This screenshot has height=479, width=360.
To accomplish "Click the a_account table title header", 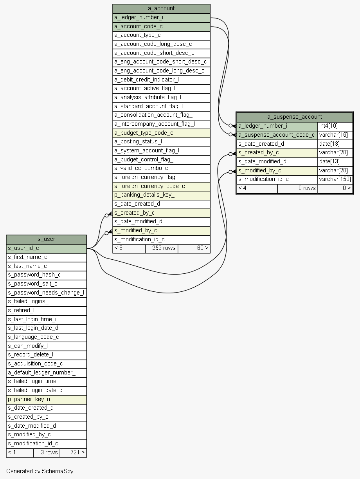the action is point(161,9).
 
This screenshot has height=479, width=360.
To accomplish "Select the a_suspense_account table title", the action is point(295,117).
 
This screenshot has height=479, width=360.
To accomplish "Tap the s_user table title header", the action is point(47,239).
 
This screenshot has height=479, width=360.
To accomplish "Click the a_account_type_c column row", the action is point(161,36).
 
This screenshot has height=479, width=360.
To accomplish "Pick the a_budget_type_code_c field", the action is point(161,133).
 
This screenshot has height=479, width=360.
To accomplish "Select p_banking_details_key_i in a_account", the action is point(161,195).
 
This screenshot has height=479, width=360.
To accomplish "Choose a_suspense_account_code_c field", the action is point(277,135).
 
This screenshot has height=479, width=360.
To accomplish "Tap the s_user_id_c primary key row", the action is point(47,249).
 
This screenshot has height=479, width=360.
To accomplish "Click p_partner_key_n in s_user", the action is point(47,399).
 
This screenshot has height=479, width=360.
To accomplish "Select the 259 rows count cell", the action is point(162,249).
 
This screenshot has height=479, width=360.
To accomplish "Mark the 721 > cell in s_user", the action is point(73,453).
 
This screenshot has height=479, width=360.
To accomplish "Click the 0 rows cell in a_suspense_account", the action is point(297,188).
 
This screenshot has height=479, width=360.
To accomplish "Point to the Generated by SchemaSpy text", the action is point(40,471).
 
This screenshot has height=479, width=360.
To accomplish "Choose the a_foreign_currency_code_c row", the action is point(161,186).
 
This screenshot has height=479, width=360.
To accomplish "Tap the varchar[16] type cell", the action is point(335,135).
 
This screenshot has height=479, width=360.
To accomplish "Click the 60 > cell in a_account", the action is point(194,249).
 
